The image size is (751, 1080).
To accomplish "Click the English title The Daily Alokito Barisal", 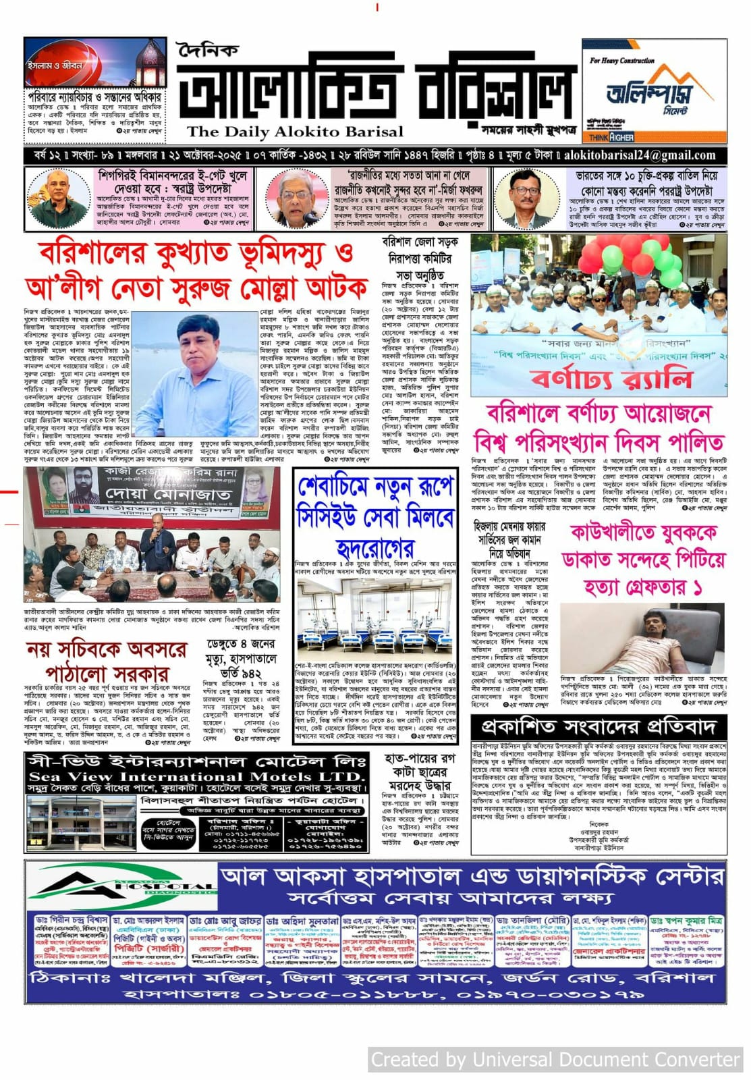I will tap(295, 132).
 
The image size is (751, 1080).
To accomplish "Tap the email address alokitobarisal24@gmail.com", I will tap(640, 155).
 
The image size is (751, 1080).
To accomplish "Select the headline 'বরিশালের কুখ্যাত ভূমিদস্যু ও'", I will tap(196, 254).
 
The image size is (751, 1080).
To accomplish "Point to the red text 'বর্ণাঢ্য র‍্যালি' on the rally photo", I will tap(611, 378).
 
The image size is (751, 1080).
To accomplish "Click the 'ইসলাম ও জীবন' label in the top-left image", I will tap(55, 65).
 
